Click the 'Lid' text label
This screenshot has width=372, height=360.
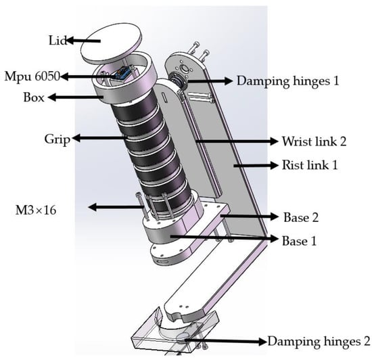coord(57,41)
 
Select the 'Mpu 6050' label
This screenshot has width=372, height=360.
coord(32,76)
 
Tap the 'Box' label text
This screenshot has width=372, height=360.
coord(34,97)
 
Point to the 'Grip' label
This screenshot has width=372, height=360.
coord(57,139)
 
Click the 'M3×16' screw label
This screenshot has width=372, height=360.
coord(36,210)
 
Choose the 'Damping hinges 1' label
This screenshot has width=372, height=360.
coord(287,81)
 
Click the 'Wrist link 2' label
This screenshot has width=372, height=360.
coord(314,141)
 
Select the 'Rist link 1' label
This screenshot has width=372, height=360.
coord(310,165)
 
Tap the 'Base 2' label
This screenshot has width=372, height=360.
coord(301,217)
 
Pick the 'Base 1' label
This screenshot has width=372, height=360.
coord(299,241)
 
